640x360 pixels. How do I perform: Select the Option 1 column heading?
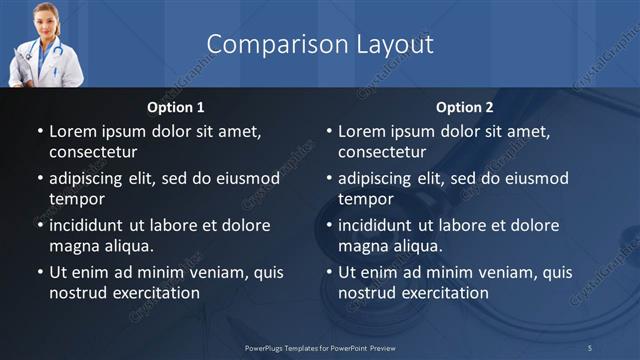click(176, 106)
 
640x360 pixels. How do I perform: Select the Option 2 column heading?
click(465, 106)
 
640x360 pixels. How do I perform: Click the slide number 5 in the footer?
click(590, 347)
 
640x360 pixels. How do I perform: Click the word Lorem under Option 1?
click(73, 131)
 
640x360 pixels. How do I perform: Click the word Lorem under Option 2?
click(362, 131)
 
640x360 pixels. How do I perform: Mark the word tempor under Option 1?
click(75, 199)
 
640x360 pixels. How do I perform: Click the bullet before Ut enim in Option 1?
click(39, 272)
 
